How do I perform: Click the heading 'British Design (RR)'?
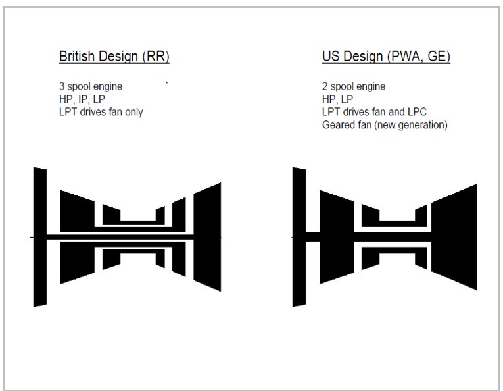[x=114, y=56]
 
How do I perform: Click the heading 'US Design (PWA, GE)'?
[x=386, y=56]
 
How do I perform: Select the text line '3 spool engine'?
[x=91, y=86]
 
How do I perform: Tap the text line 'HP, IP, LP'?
[x=82, y=99]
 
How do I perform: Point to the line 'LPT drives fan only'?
[x=101, y=112]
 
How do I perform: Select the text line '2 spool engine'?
[x=354, y=86]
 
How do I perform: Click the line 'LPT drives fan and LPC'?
[x=374, y=112]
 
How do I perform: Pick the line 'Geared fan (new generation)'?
[x=385, y=125]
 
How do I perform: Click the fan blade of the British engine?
[x=40, y=237]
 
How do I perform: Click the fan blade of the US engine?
[x=299, y=237]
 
